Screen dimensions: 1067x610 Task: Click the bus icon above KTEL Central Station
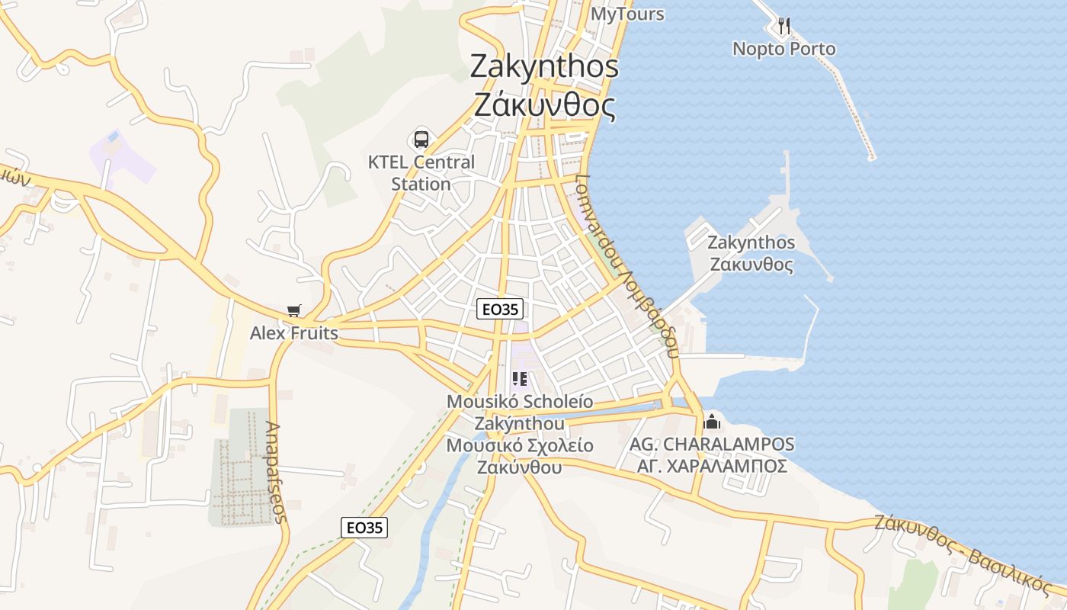pos(421,140)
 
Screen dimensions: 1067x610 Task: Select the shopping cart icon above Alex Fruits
pos(294,310)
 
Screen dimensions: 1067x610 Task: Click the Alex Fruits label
pos(293,333)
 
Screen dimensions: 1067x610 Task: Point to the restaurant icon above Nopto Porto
pos(783,26)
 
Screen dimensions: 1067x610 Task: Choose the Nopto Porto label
pos(783,49)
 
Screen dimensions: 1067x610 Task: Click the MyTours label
pos(627,14)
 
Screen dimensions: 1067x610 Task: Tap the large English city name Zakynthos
pos(544,66)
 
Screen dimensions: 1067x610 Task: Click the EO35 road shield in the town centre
pos(500,309)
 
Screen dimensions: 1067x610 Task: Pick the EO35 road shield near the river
pos(364,527)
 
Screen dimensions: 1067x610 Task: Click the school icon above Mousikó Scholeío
pos(521,378)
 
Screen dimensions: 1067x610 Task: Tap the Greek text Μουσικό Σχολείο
pos(520,446)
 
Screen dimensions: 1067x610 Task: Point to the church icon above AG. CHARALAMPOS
pos(712,421)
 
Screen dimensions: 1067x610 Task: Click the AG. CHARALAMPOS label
pos(712,444)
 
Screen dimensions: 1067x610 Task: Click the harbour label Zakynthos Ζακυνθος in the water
pos(751,254)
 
